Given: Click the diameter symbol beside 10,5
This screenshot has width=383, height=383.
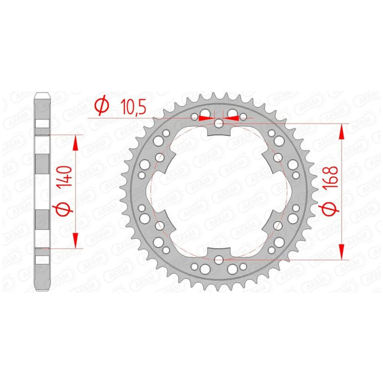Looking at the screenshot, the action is (102, 107).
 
